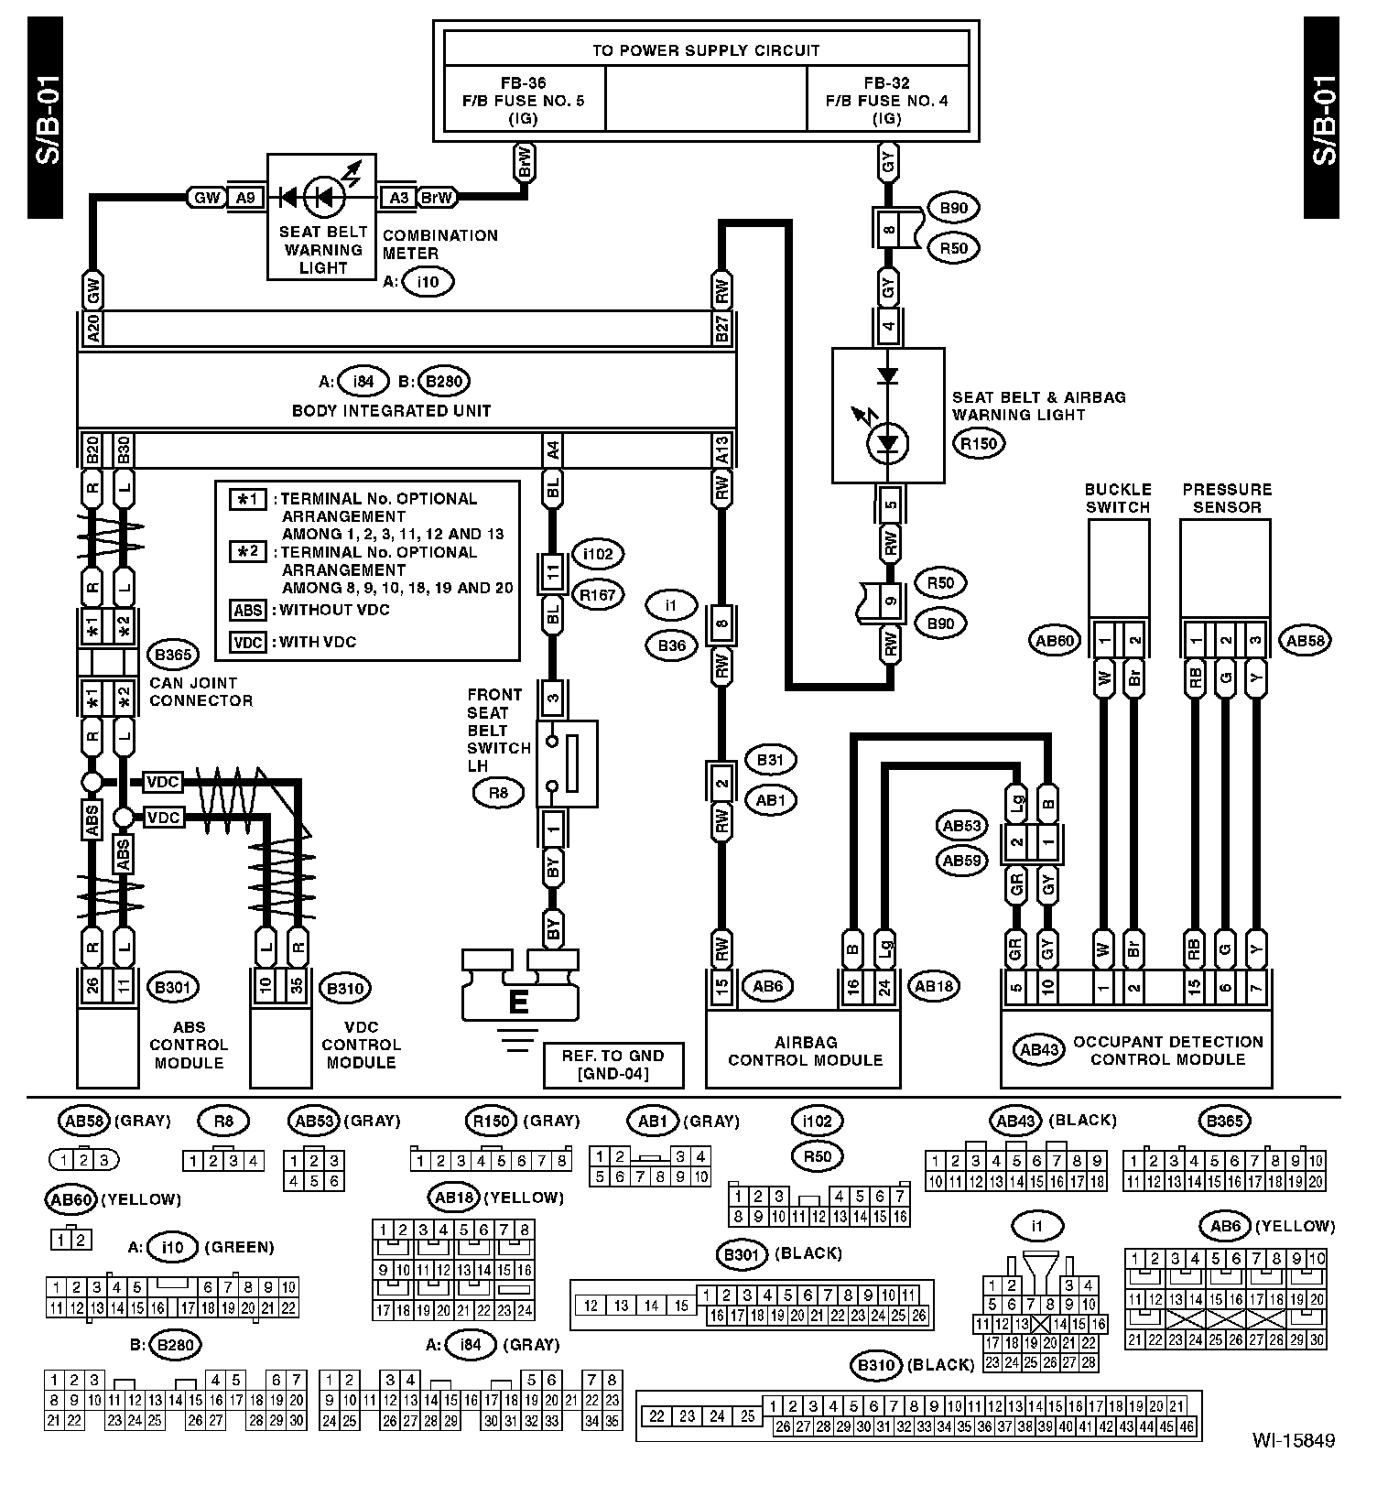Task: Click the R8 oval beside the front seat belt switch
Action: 498,793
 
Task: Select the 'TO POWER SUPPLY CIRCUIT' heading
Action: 706,50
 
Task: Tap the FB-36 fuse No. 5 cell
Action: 524,101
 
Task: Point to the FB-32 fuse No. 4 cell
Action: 887,101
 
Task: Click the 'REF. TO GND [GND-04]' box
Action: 613,1064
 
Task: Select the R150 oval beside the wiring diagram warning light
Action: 979,444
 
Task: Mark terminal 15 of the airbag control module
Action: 722,988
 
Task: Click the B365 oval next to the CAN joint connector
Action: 173,656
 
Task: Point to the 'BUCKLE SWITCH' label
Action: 1118,498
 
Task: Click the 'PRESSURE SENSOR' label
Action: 1227,498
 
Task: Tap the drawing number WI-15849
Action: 1294,1440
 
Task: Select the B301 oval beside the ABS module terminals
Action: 173,987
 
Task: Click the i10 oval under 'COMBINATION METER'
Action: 428,282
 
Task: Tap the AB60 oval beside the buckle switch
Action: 1055,641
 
